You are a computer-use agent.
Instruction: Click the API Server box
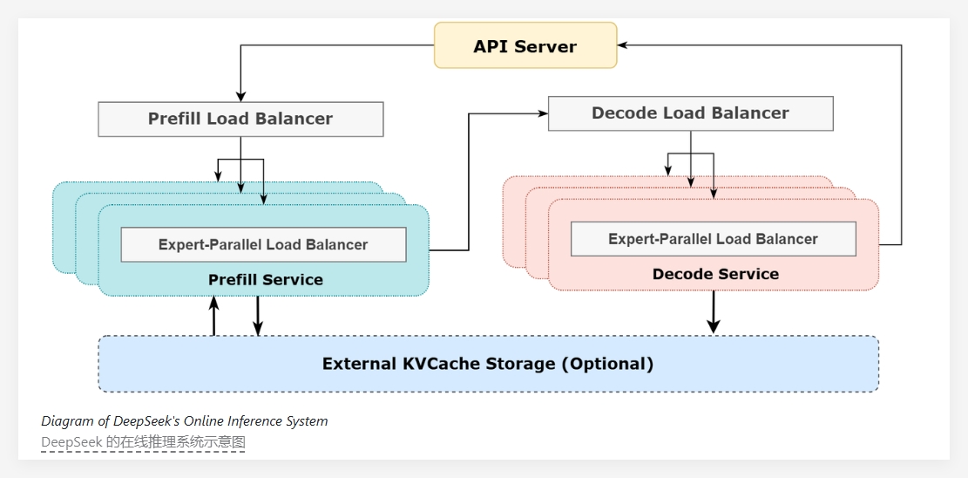click(x=525, y=45)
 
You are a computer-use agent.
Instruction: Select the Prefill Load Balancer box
click(x=240, y=119)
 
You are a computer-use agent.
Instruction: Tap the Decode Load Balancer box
click(x=690, y=113)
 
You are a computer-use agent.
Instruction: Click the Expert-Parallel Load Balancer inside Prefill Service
click(x=263, y=244)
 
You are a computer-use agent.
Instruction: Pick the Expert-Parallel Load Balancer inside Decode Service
click(x=713, y=239)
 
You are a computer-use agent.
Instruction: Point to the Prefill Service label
click(x=265, y=280)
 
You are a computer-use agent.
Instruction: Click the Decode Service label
click(x=715, y=274)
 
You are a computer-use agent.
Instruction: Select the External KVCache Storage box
click(x=488, y=364)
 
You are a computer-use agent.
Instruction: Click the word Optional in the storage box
click(x=606, y=364)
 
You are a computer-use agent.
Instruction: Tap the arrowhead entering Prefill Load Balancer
click(x=241, y=96)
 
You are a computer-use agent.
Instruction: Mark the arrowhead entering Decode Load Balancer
click(x=541, y=113)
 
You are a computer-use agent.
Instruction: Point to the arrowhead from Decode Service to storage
click(x=714, y=326)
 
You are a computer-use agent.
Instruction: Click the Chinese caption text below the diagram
click(x=144, y=442)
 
